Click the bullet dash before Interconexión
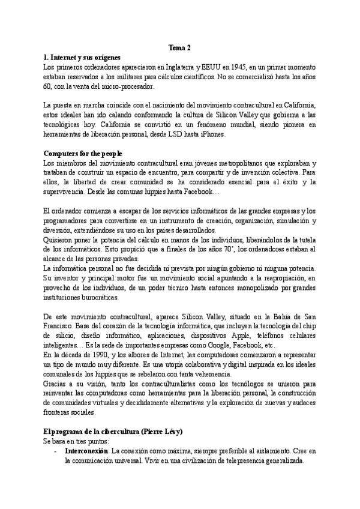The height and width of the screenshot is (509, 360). coord(55,452)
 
